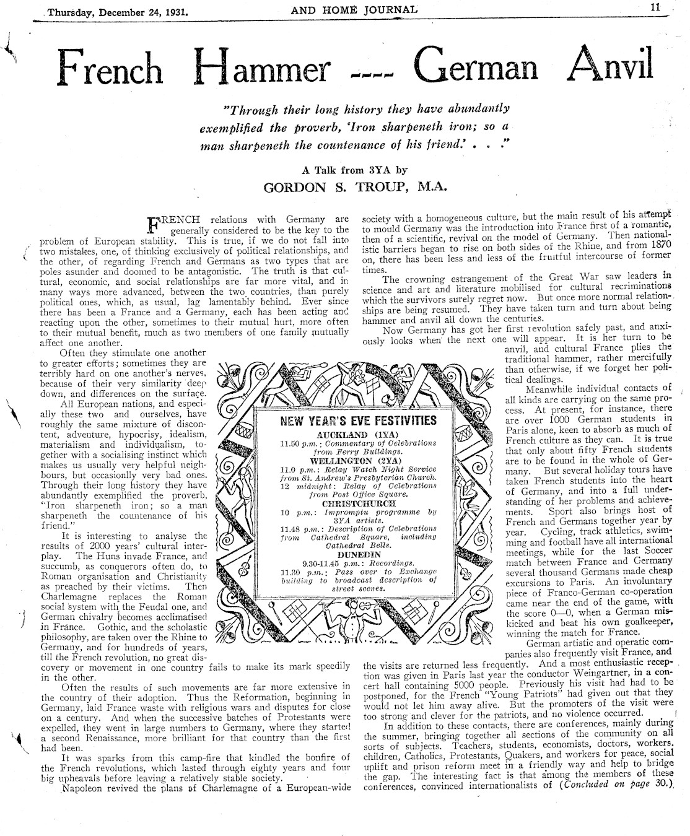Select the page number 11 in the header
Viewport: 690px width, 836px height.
[656, 7]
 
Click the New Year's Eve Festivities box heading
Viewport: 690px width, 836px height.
[359, 421]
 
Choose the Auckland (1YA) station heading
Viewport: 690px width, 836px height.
[359, 435]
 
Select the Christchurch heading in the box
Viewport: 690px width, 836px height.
[357, 503]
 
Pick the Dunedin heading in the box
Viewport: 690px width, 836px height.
[359, 555]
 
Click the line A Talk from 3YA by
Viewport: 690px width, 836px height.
[354, 170]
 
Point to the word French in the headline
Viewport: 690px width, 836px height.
[111, 69]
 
